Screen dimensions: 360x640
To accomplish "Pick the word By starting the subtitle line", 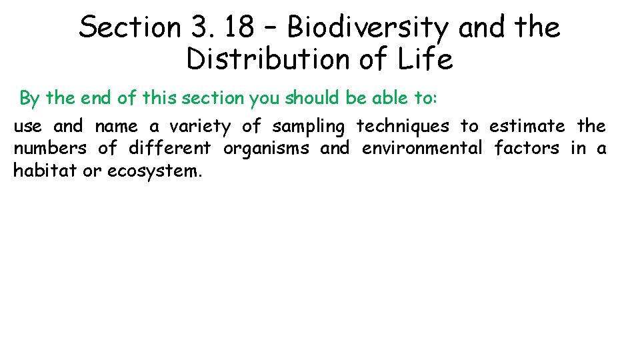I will tap(30, 98).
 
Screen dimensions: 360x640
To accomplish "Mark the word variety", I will tap(199, 127).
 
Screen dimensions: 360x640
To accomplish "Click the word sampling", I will tap(309, 127).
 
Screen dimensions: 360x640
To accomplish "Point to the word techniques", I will tap(403, 127).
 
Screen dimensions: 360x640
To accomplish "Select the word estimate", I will tap(527, 127).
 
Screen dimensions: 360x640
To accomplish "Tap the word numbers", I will tap(50, 148).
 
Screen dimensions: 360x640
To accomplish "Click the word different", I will tap(169, 148).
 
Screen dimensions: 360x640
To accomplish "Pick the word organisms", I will tap(266, 148).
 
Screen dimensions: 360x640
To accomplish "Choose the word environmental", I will tap(421, 148).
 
